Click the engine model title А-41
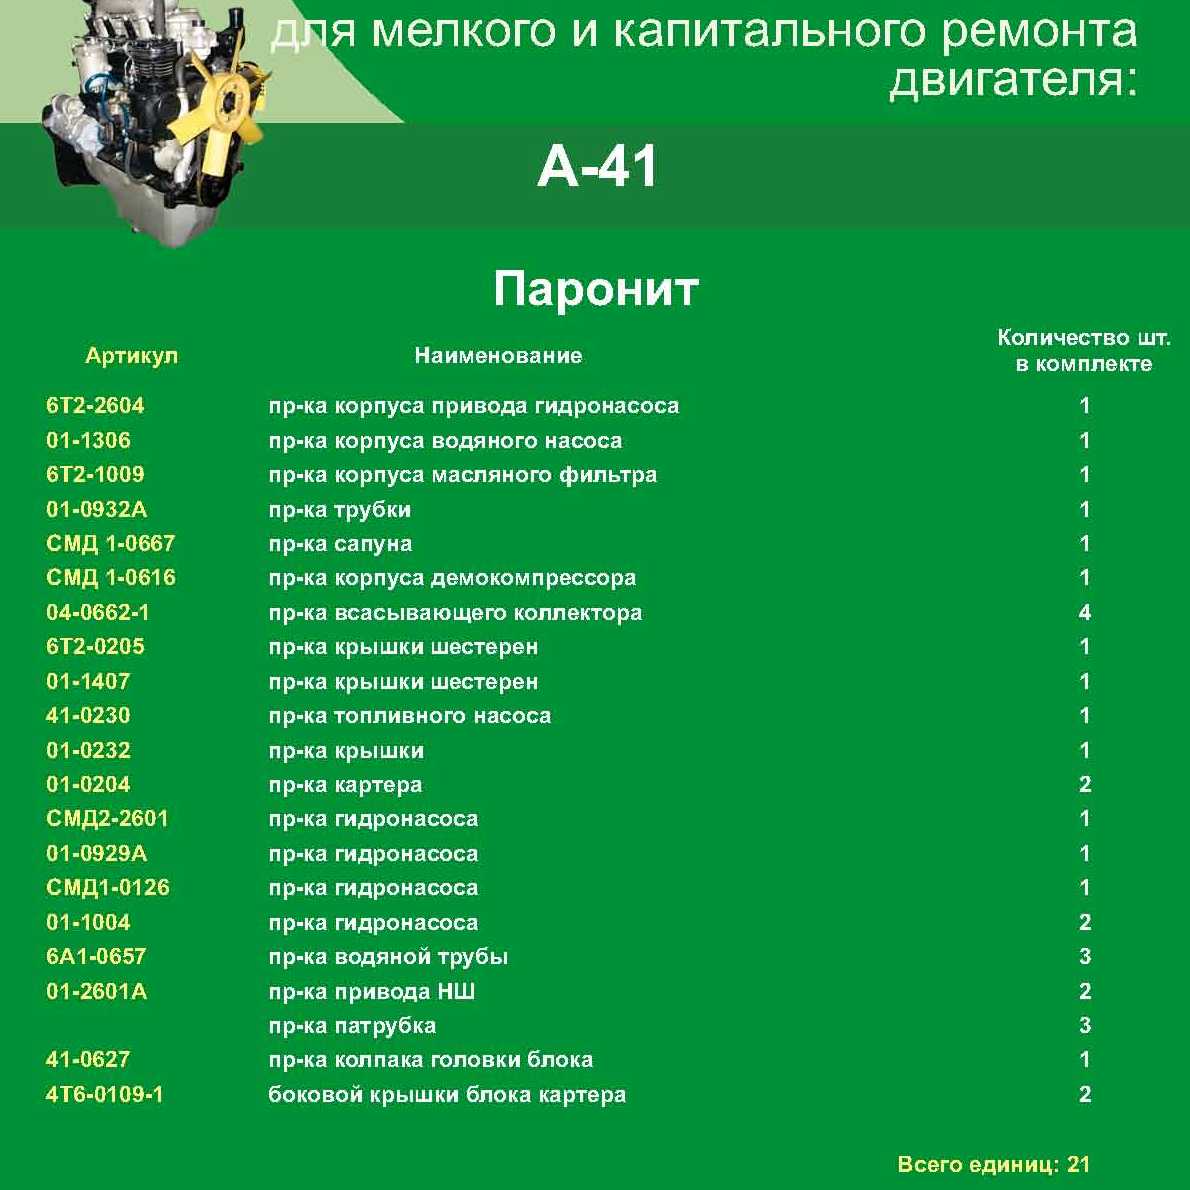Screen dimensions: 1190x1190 [597, 166]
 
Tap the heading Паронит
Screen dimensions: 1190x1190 [595, 290]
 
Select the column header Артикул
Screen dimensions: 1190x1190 [131, 356]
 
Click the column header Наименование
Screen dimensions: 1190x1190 [498, 356]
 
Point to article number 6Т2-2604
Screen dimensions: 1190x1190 [95, 406]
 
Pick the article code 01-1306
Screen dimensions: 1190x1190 [88, 440]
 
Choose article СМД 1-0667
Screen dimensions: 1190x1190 [110, 544]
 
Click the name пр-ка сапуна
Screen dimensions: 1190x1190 [340, 544]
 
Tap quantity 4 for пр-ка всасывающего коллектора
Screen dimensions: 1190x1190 [1085, 612]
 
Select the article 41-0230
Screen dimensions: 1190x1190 [88, 716]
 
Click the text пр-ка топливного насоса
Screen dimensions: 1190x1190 [409, 716]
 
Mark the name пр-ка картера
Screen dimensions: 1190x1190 [345, 785]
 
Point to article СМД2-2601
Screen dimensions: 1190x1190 [107, 819]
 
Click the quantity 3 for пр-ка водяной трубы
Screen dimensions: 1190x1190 [1085, 957]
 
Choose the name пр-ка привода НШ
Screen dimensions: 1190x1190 [371, 992]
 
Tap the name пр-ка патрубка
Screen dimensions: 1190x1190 [352, 1026]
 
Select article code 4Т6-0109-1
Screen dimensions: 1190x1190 [104, 1094]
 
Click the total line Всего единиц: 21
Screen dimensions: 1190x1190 [993, 1165]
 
